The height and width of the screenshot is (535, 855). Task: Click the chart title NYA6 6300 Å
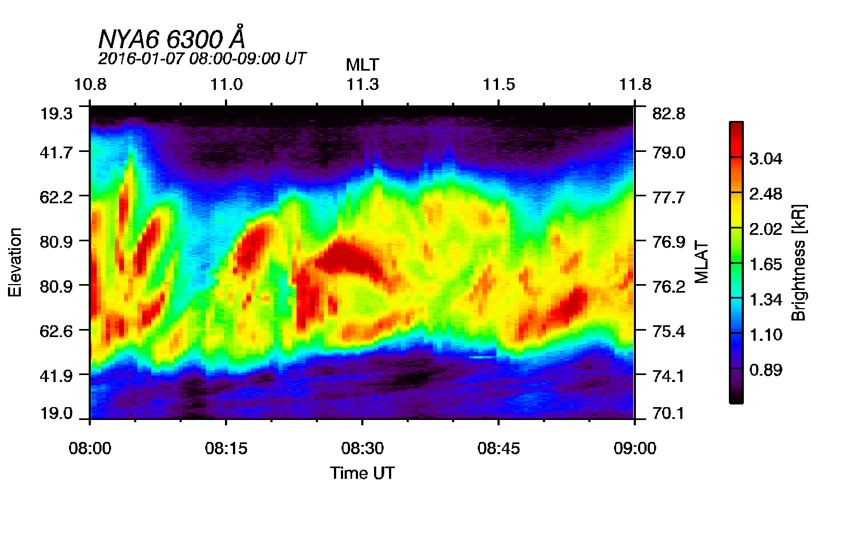coord(172,39)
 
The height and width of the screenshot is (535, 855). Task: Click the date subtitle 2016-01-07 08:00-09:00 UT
coord(202,58)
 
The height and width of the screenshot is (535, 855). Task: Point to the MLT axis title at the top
coord(362,65)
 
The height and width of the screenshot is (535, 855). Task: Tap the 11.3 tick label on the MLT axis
coord(362,85)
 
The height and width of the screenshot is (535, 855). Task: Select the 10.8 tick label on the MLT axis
coord(90,85)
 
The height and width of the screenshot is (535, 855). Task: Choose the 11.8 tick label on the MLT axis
coord(635,85)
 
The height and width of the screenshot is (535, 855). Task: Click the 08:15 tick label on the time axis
coord(226,448)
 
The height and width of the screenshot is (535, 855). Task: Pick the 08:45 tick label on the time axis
coord(499,448)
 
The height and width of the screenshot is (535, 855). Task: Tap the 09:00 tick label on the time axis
coord(635,448)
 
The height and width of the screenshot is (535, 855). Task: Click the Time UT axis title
coord(362,473)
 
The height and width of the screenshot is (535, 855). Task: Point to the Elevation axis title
coord(15,262)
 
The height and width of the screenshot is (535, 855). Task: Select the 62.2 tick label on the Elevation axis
coord(56,197)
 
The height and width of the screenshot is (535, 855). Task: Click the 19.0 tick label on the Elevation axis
coord(56,413)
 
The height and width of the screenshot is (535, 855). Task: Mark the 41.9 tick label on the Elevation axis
coord(56,376)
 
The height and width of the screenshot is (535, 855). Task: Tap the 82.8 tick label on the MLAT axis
coord(669,113)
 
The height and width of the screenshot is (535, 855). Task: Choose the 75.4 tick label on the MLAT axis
coord(669,331)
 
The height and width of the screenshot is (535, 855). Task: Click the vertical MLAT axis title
coord(702,262)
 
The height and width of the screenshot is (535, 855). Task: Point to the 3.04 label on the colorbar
coord(765,159)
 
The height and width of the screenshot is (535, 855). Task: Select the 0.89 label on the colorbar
coord(765,370)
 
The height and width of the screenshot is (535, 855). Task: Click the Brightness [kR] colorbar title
coord(798,262)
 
